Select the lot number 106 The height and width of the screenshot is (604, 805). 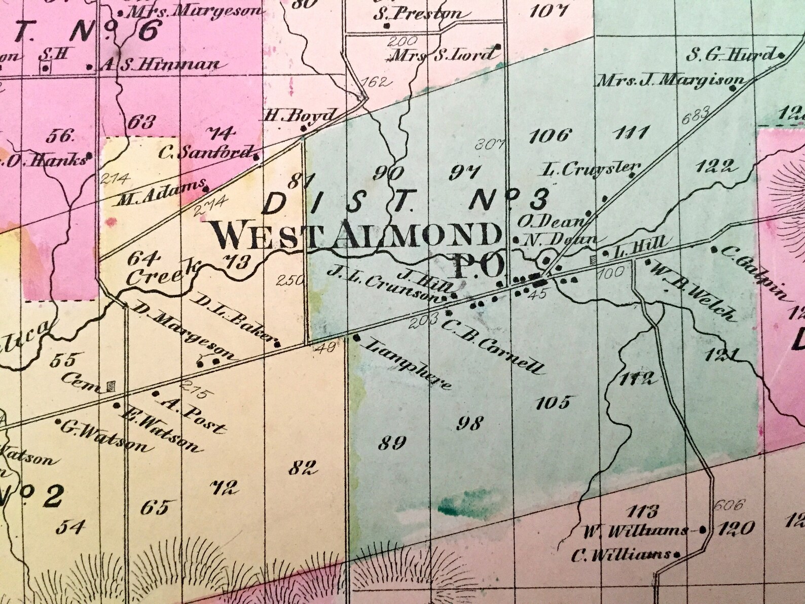(550, 135)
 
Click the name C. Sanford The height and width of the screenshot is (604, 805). (206, 152)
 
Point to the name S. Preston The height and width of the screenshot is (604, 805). (418, 14)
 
